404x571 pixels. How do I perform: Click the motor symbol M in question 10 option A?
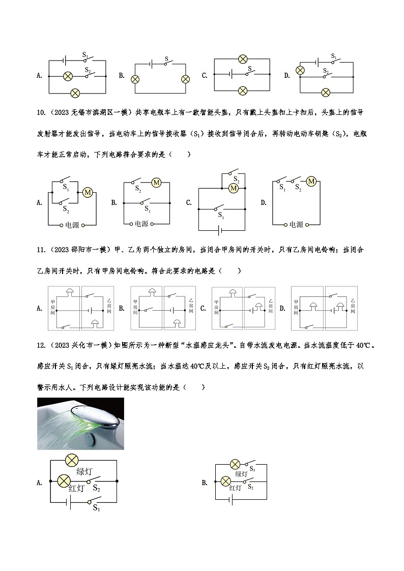coord(88,192)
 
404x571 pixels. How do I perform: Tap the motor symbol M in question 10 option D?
coord(311,182)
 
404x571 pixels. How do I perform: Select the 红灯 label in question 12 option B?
coord(235,488)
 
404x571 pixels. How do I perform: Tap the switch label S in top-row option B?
coord(166,59)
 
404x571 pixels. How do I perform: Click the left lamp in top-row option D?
coord(300,70)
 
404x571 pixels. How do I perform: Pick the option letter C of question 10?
coord(189,202)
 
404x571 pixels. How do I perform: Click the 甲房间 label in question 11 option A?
coord(52,308)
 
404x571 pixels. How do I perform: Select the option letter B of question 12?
coord(205,483)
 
